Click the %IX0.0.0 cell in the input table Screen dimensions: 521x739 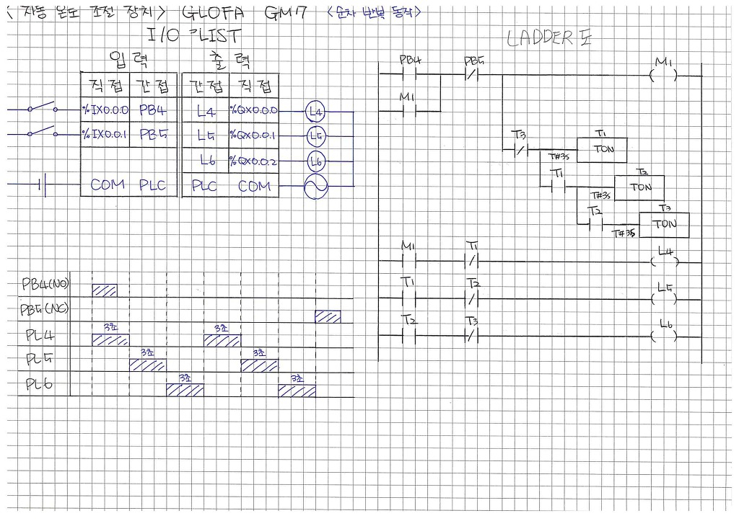pyautogui.click(x=105, y=111)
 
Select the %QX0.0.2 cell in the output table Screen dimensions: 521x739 pyautogui.click(x=254, y=161)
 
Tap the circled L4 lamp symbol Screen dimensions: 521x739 pyautogui.click(x=315, y=112)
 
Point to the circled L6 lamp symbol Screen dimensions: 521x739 pyautogui.click(x=315, y=161)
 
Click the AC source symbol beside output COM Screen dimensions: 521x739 pyautogui.click(x=315, y=187)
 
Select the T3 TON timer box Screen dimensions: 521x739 pyautogui.click(x=664, y=224)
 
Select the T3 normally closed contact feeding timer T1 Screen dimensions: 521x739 pyautogui.click(x=519, y=151)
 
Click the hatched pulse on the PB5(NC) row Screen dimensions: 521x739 pyautogui.click(x=328, y=316)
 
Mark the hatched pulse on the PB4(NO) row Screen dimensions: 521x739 pyautogui.click(x=105, y=290)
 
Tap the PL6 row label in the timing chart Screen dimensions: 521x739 pyautogui.click(x=39, y=384)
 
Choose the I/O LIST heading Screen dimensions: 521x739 pyautogui.click(x=193, y=35)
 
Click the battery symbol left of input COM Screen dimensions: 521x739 pyautogui.click(x=43, y=186)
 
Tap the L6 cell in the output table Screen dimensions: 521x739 pyautogui.click(x=205, y=161)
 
